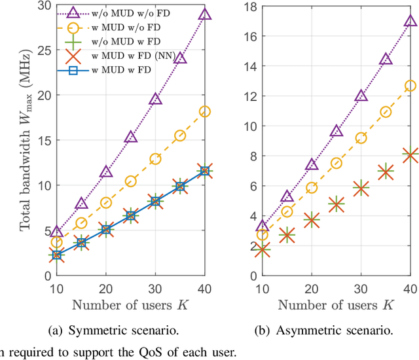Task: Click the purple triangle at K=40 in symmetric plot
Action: [205, 14]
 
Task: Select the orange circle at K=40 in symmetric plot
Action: [205, 111]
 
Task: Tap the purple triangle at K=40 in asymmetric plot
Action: [410, 20]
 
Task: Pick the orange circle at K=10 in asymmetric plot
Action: [262, 234]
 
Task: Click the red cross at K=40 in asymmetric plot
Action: [410, 155]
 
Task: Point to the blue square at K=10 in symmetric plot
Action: [56, 255]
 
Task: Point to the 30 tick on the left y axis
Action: [41, 5]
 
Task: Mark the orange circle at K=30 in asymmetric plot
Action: [361, 138]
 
